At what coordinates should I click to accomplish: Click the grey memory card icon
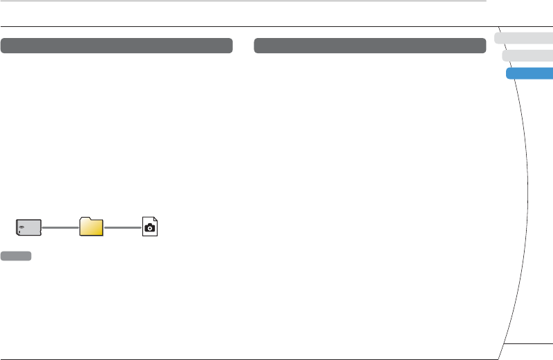(29, 227)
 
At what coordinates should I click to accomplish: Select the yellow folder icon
(91, 227)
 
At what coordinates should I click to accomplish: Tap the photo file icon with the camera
(150, 227)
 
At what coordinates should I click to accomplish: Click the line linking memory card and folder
(60, 227)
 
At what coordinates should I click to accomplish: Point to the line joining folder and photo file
(122, 227)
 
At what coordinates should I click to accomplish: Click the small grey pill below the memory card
(16, 256)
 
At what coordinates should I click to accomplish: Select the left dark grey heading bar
(116, 46)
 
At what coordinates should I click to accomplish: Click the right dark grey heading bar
(370, 46)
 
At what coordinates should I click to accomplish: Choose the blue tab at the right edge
(531, 73)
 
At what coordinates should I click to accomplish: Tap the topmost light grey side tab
(524, 38)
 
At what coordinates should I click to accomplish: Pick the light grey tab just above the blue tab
(527, 56)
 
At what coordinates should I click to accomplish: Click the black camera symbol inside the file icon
(150, 229)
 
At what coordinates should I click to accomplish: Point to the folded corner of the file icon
(156, 220)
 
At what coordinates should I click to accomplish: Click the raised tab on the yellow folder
(86, 219)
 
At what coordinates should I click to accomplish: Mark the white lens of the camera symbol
(150, 229)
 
